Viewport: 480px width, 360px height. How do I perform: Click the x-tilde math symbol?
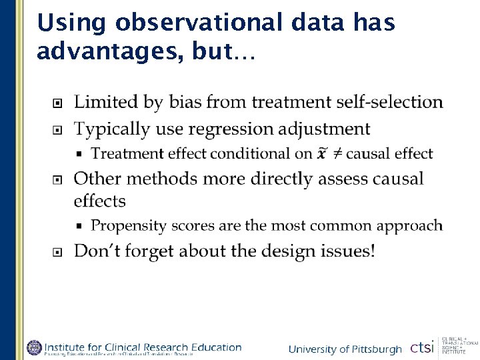tap(323, 153)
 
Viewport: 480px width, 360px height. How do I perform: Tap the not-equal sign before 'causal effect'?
tap(339, 154)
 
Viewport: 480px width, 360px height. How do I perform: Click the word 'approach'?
tap(411, 225)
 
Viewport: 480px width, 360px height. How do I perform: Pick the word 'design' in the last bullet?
tap(286, 251)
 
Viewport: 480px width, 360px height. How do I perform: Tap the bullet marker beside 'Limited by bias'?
tap(59, 103)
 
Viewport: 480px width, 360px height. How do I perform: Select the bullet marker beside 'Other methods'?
tap(59, 179)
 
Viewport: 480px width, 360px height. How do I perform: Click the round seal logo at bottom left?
tap(35, 347)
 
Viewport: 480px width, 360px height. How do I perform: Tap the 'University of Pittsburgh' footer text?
tap(345, 349)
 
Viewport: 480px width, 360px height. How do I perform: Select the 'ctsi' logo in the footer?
tap(422, 347)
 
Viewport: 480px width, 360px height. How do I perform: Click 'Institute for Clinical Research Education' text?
tap(143, 346)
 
